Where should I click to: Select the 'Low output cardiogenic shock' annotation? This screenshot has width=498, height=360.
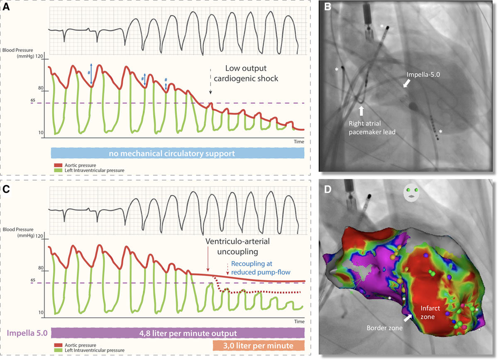[x=251, y=73]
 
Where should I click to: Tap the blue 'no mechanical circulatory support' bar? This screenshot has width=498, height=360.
[x=177, y=153]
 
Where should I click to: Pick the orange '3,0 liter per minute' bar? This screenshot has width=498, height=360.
[x=259, y=345]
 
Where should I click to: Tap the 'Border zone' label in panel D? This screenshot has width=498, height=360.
[x=384, y=328]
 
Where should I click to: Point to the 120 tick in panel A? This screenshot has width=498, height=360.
[x=39, y=56]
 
